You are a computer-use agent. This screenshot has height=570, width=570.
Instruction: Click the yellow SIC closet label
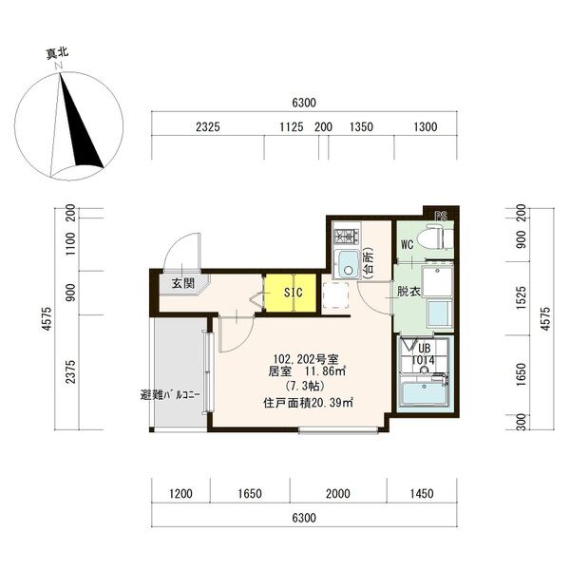click(294, 293)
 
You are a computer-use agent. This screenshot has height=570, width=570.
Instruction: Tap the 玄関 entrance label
click(183, 283)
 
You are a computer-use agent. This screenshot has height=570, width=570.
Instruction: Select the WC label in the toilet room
click(408, 245)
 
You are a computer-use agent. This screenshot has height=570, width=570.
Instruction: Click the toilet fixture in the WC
click(435, 237)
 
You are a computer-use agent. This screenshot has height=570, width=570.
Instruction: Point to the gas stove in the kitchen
click(347, 237)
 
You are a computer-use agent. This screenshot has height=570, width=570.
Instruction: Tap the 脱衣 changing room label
click(408, 292)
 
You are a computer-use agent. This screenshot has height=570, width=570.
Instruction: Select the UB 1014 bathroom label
click(424, 354)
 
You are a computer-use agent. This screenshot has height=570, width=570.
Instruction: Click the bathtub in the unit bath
click(424, 393)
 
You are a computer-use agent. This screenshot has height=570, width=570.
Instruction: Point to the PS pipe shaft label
click(441, 217)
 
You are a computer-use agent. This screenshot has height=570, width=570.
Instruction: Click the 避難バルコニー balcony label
click(170, 395)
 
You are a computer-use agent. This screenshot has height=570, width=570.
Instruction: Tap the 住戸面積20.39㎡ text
click(309, 403)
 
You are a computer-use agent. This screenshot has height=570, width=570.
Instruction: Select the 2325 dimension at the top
click(208, 127)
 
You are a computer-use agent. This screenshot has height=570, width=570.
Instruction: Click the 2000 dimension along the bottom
click(338, 493)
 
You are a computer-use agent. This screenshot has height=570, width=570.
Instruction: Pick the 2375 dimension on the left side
click(70, 371)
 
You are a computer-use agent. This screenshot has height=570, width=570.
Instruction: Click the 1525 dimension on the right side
click(521, 297)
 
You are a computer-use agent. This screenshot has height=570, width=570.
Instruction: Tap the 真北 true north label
click(57, 54)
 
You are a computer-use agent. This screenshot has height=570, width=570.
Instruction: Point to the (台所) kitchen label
click(369, 262)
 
